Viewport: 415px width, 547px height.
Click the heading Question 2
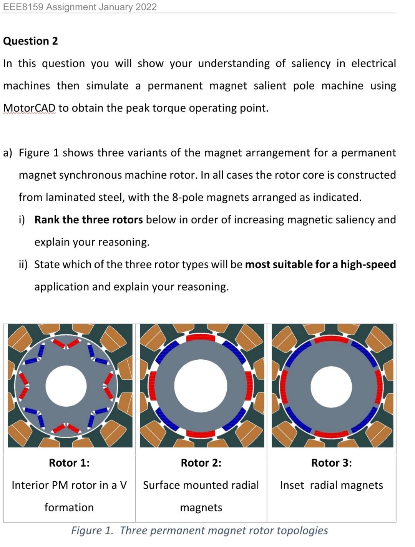point(30,41)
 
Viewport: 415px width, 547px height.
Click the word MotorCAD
point(29,108)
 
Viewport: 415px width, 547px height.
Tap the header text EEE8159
point(23,7)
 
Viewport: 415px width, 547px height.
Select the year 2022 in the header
point(146,7)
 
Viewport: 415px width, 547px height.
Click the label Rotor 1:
point(69,463)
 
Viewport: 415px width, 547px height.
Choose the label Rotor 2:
point(201,463)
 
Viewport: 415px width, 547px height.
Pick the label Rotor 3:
point(331,463)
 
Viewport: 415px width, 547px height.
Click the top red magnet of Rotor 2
point(201,338)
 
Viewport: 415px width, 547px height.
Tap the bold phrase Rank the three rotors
point(88,220)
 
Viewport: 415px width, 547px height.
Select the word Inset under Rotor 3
point(292,485)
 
